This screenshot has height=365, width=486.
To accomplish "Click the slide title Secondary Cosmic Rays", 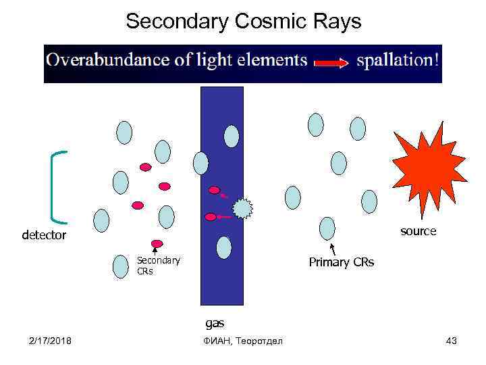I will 243,22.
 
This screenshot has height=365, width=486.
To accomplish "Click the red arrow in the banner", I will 331,63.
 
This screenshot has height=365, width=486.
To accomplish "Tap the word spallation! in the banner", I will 398,60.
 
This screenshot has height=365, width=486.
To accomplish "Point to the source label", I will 418,231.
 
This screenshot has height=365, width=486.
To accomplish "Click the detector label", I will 44,236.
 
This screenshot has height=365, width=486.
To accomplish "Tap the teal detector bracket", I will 57,187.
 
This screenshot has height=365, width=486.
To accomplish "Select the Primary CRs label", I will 341,262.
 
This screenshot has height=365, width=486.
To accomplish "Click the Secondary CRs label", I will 158,265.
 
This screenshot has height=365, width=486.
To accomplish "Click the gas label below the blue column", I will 215,323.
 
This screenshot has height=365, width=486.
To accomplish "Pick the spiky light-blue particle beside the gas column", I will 242,208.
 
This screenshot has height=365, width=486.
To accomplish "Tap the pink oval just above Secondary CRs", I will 157,243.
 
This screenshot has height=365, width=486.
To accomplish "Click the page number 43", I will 451,341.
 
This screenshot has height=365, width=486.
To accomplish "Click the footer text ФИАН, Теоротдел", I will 243,341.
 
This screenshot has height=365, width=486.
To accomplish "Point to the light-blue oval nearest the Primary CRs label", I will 327,228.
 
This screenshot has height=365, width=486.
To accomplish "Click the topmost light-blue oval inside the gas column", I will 232,136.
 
